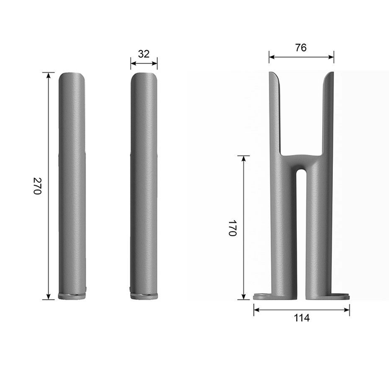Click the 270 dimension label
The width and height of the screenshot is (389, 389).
pyautogui.click(x=37, y=186)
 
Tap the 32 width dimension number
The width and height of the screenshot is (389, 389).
pyautogui.click(x=144, y=54)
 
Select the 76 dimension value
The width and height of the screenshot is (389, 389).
pyautogui.click(x=301, y=47)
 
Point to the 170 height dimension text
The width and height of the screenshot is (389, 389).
pyautogui.click(x=232, y=228)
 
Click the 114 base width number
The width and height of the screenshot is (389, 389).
pyautogui.click(x=302, y=318)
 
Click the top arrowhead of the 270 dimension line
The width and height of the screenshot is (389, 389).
pyautogui.click(x=48, y=74)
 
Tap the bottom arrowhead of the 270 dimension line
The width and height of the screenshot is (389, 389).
pyautogui.click(x=48, y=297)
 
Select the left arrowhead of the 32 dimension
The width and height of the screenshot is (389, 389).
pyautogui.click(x=133, y=63)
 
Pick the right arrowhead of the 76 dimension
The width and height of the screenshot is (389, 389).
pyautogui.click(x=331, y=57)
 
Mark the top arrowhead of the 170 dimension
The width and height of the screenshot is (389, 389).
pyautogui.click(x=243, y=158)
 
